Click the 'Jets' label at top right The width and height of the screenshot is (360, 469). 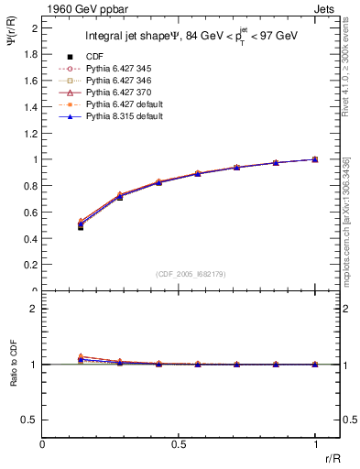click(327, 8)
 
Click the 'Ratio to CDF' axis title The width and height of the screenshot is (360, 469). click(13, 378)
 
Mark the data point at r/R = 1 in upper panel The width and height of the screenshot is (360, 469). click(315, 159)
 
